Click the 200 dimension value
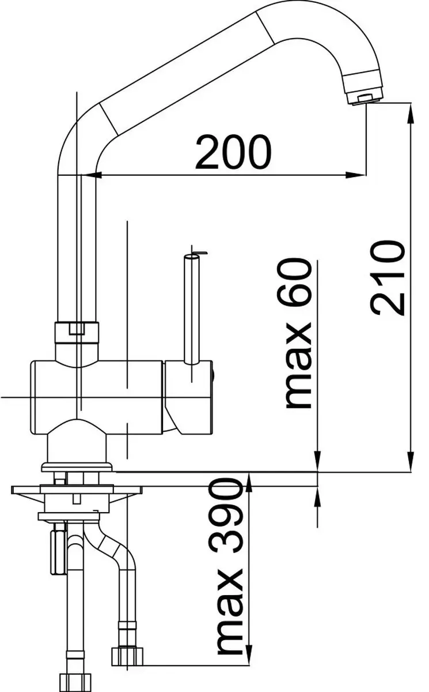tap(233, 151)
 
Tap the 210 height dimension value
tap(388, 279)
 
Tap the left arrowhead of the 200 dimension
tap(90, 175)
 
